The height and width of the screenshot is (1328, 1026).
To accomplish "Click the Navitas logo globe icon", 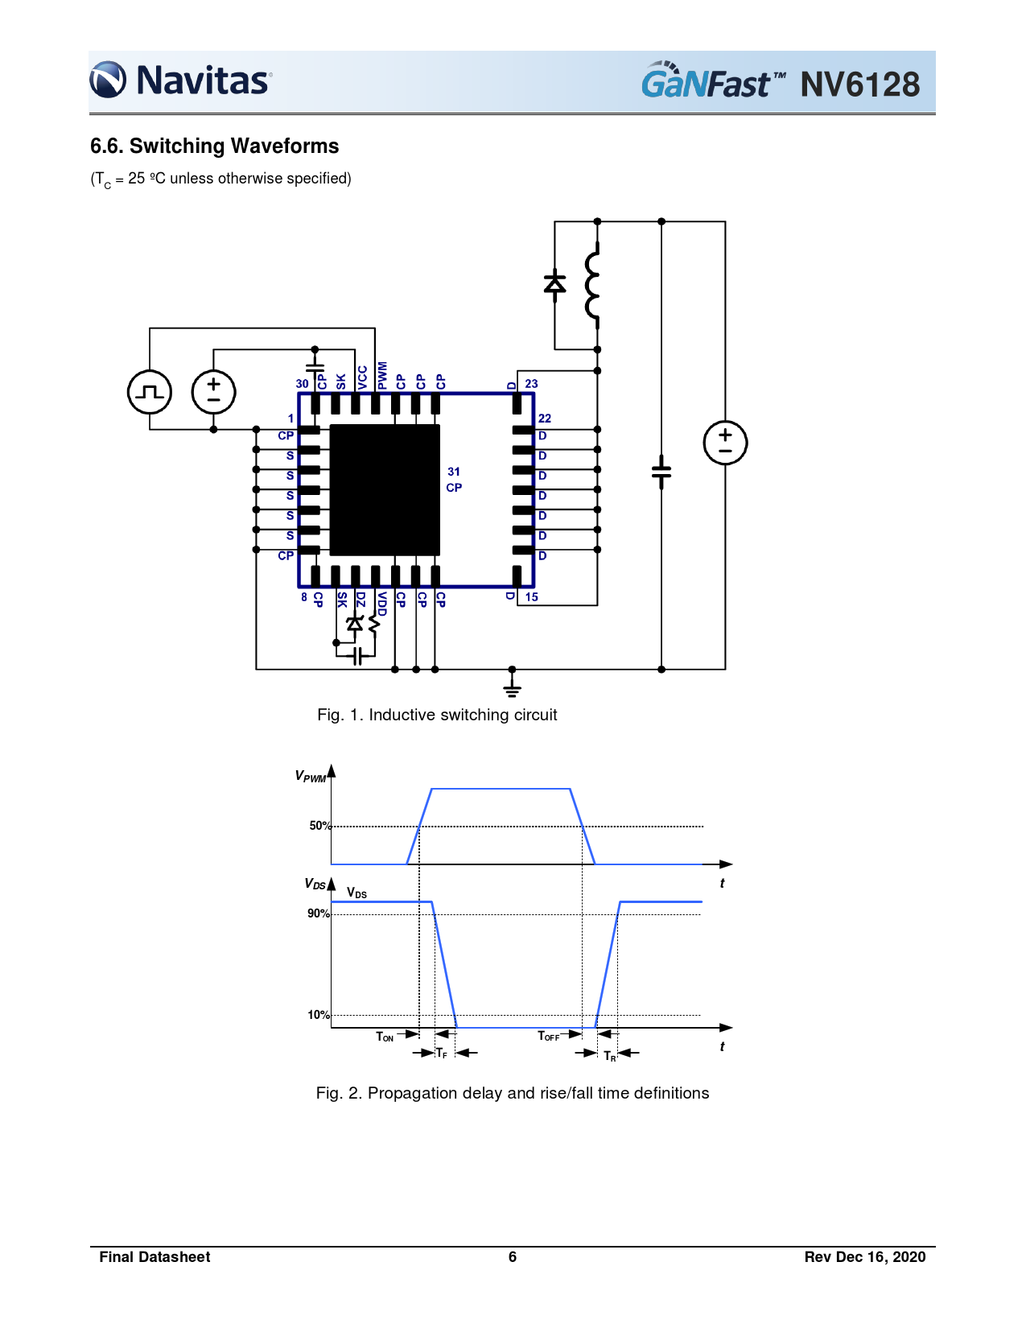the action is coord(108,80).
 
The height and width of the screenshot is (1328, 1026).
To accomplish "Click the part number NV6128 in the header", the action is coord(859,85).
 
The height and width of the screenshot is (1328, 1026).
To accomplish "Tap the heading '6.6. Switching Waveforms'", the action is coord(215,146).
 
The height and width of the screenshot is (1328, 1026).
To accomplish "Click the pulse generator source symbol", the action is coord(150,392).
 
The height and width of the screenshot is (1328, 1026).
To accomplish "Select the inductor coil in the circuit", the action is coord(592,286).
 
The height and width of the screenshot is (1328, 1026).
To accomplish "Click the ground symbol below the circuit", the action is coord(512,686).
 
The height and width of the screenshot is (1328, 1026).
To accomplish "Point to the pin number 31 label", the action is coord(453,472).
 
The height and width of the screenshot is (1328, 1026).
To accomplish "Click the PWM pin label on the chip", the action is coord(382,375).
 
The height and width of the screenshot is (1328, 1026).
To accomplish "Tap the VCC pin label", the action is coord(362,377).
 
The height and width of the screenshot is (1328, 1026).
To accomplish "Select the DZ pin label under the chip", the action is coord(361,600).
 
